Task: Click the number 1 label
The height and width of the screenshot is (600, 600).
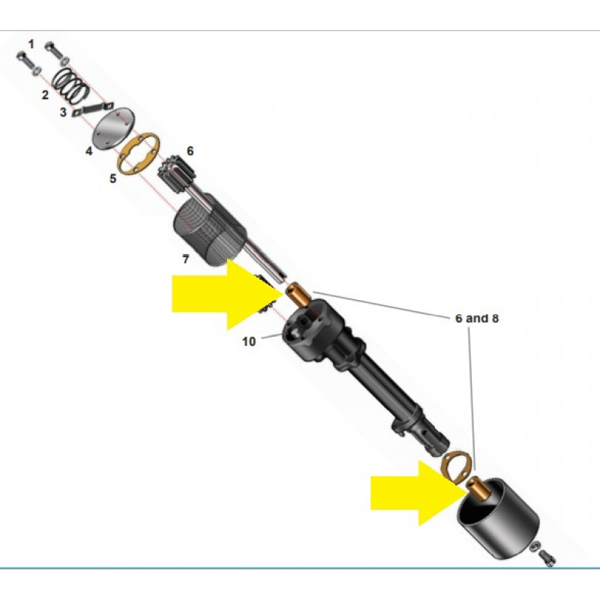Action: tap(31, 44)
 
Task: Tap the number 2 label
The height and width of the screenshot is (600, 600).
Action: tap(45, 95)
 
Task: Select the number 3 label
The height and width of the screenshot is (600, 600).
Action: tap(63, 112)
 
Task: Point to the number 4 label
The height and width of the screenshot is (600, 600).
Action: tap(88, 151)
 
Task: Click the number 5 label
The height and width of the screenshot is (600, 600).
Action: tap(113, 178)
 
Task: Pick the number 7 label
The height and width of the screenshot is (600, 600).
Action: tap(185, 259)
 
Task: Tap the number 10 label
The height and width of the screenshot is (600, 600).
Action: tap(249, 341)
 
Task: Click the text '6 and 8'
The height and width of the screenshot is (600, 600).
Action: tap(477, 318)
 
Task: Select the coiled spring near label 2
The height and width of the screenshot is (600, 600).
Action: tap(70, 85)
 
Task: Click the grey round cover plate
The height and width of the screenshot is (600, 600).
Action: tap(114, 128)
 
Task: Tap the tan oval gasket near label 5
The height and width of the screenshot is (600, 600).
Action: tap(139, 154)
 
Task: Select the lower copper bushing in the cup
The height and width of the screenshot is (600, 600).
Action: tap(477, 487)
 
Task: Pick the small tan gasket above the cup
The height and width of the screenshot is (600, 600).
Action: tap(455, 465)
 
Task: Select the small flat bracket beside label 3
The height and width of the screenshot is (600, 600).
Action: tap(94, 108)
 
